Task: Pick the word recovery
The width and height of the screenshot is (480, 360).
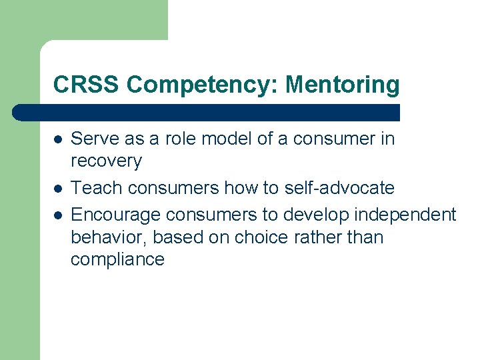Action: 106,161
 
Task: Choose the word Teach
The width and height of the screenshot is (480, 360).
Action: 96,188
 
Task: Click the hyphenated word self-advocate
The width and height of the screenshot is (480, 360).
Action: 339,188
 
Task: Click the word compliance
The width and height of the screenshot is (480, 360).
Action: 117,259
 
